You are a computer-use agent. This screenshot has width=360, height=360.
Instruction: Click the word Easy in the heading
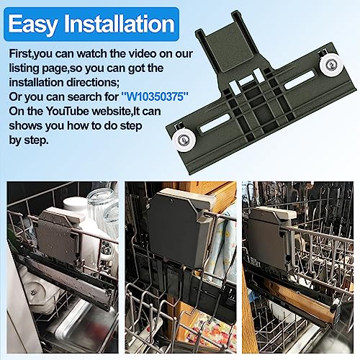pos(35,26)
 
